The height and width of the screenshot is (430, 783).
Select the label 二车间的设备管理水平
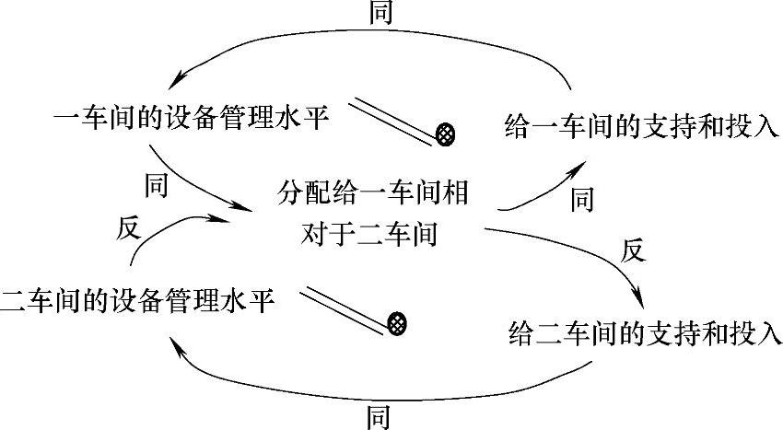point(138,301)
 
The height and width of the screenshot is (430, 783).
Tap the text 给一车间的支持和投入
point(643,127)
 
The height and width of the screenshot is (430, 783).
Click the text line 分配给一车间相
point(374,194)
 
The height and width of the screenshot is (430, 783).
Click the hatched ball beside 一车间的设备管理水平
point(447,134)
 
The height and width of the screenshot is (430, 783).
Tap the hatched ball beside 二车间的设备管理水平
point(397,322)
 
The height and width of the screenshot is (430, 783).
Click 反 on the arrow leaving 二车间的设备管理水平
point(127,227)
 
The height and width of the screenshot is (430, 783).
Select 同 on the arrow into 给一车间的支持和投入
point(581,198)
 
